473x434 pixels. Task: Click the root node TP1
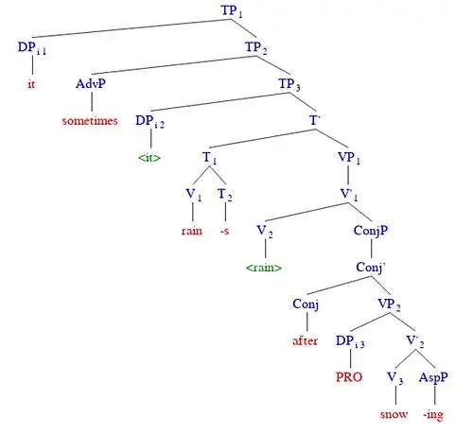(x=232, y=10)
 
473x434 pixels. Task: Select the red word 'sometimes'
(x=90, y=121)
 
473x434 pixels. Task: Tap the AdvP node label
(x=91, y=84)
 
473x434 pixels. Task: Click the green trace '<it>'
(x=149, y=157)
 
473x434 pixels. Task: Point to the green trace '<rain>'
(x=264, y=268)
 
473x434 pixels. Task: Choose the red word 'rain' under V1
(x=192, y=231)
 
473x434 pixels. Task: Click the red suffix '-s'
(x=224, y=231)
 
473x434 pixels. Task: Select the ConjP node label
(x=371, y=231)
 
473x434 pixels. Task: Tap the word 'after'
(x=305, y=340)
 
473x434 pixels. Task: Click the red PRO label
(x=349, y=377)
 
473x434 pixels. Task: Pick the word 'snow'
(x=394, y=414)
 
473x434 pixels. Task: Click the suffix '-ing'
(x=433, y=415)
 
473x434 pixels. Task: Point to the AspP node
(x=433, y=377)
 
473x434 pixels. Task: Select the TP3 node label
(x=289, y=84)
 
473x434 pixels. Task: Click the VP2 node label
(x=390, y=304)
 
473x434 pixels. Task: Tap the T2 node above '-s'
(x=225, y=195)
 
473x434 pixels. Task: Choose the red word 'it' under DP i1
(x=31, y=84)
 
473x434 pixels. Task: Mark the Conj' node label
(x=371, y=268)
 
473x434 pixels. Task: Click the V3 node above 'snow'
(x=395, y=378)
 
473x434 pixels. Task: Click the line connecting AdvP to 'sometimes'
(x=92, y=101)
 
